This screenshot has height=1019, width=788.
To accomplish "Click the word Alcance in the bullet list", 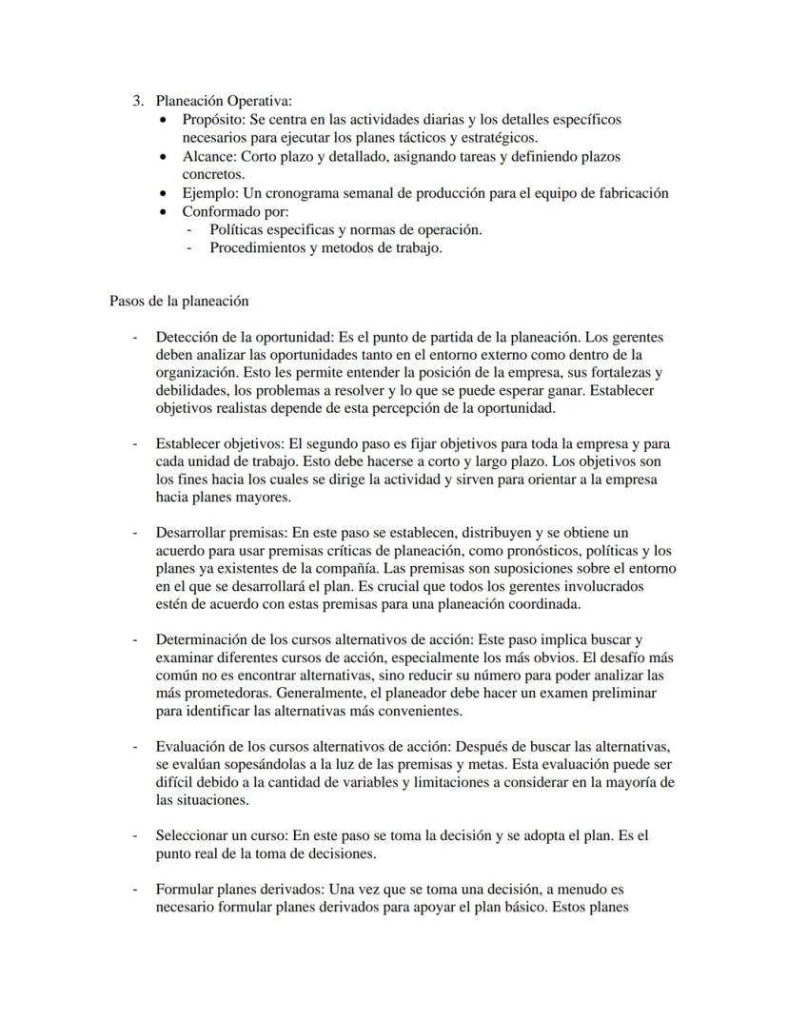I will [207, 156].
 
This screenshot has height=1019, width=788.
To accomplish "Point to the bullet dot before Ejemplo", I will [167, 193].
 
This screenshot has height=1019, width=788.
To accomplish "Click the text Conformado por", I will [234, 211].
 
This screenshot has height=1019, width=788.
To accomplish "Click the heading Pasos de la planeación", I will [180, 301].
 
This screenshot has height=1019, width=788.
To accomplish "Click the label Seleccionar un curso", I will [220, 835].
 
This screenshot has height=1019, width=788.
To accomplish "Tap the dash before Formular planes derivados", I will [135, 890].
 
